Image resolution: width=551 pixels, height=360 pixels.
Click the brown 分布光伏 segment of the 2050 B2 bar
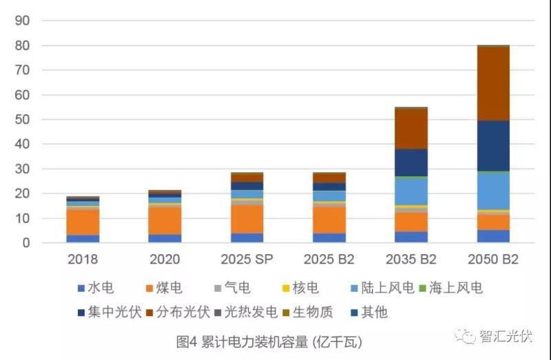(x=493, y=83)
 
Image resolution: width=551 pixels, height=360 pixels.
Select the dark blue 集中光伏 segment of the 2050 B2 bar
(x=493, y=146)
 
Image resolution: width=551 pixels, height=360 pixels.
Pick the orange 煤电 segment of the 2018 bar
(x=83, y=222)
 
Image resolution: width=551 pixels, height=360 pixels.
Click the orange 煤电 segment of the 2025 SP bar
(x=247, y=219)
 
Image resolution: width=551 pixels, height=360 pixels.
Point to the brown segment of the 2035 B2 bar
(x=411, y=129)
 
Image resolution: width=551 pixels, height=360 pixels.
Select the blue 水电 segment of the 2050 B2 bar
(x=493, y=236)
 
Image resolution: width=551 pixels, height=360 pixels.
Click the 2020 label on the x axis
(x=165, y=260)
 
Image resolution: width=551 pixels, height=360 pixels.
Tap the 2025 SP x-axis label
(x=247, y=260)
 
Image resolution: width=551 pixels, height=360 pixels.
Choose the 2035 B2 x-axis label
(x=411, y=260)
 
